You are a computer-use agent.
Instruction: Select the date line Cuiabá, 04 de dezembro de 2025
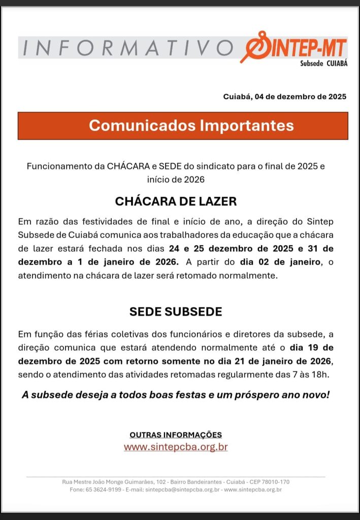coord(285,96)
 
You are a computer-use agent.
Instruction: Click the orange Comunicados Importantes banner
coord(183,126)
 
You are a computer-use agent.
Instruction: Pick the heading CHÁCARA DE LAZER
coord(176,201)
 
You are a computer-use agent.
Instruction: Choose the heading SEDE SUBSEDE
coord(176,312)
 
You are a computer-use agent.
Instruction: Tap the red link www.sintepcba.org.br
coord(176,447)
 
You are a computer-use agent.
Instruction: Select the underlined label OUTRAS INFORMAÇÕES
coord(176,435)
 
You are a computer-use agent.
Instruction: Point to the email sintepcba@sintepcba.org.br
coord(182,490)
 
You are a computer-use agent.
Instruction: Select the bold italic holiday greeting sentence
coord(176,395)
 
